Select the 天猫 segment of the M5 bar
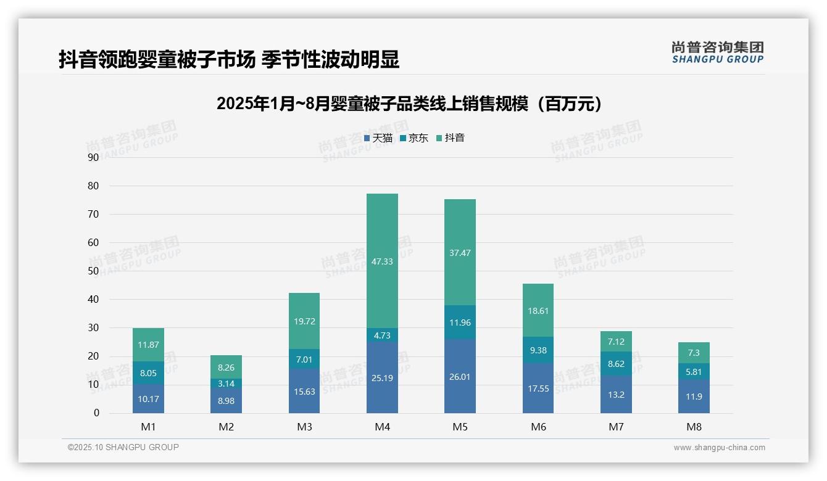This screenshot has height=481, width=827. (x=460, y=376)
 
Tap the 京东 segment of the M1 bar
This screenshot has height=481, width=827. (x=148, y=373)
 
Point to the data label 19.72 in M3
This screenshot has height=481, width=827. (x=304, y=321)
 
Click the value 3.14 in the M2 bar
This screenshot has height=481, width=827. (x=226, y=383)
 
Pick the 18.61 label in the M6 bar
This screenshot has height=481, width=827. (x=538, y=311)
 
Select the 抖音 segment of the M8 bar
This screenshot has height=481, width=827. (x=694, y=353)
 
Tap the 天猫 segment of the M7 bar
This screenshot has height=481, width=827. (x=616, y=395)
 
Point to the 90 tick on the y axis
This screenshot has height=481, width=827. (x=93, y=157)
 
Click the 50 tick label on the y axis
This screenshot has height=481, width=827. (x=93, y=271)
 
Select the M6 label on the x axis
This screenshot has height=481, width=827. (x=538, y=427)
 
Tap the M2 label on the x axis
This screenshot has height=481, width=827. (x=226, y=427)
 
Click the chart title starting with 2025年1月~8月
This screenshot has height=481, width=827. (x=409, y=104)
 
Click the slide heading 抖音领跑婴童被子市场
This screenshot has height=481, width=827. (x=229, y=59)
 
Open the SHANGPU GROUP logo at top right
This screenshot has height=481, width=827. (x=717, y=52)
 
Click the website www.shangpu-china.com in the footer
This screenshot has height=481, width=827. (x=719, y=448)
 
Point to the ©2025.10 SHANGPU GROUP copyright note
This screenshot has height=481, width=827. (x=123, y=447)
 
